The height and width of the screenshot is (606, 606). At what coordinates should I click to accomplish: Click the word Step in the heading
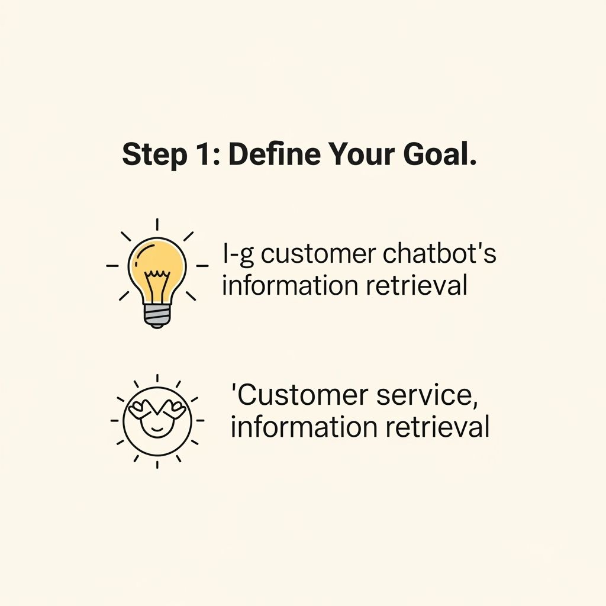coord(154,154)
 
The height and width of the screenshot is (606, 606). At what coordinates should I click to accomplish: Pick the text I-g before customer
coord(238,254)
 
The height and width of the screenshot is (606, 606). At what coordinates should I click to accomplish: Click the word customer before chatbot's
coord(318,254)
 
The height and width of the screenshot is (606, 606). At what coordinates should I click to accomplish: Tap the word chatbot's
coord(439,253)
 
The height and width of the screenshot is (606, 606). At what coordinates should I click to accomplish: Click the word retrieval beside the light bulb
coord(417,285)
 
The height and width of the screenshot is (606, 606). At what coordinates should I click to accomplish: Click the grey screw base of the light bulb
coord(156,316)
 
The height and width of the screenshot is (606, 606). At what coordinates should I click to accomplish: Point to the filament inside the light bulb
coord(157,286)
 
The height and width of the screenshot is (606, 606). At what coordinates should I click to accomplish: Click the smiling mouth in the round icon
coord(157,429)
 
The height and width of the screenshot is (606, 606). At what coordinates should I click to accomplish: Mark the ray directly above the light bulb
coord(157,224)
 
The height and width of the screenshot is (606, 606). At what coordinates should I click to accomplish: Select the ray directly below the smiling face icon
coord(157,464)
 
